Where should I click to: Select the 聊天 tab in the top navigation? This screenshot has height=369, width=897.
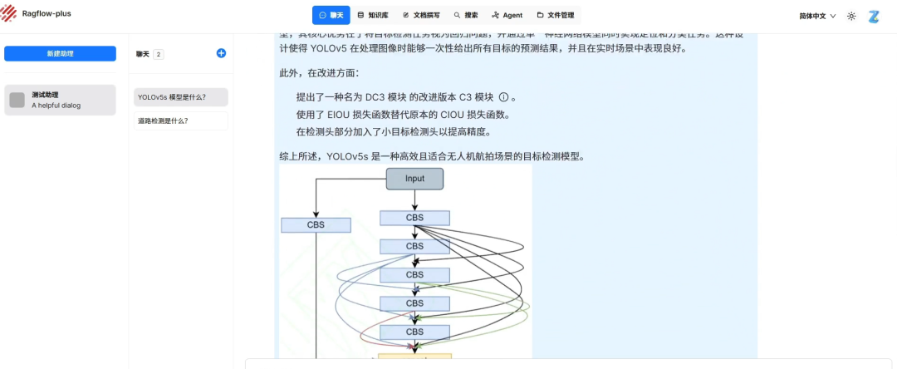pyautogui.click(x=331, y=15)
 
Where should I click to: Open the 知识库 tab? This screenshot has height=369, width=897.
pyautogui.click(x=373, y=15)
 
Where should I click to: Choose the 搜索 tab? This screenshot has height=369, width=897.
pyautogui.click(x=466, y=15)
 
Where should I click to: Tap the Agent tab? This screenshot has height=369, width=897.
pyautogui.click(x=507, y=15)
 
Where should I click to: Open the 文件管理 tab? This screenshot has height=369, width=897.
pyautogui.click(x=556, y=15)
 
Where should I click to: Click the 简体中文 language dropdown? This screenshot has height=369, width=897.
pyautogui.click(x=817, y=16)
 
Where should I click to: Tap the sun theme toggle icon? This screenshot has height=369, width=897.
pyautogui.click(x=851, y=16)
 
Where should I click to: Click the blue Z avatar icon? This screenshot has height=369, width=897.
pyautogui.click(x=874, y=16)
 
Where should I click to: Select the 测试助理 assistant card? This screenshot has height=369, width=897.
pyautogui.click(x=60, y=100)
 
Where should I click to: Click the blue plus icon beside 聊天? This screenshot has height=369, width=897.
pyautogui.click(x=221, y=53)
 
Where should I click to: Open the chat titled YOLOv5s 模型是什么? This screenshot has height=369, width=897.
pyautogui.click(x=179, y=97)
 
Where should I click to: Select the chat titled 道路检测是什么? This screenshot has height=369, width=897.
pyautogui.click(x=179, y=121)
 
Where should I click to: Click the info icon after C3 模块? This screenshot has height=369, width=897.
pyautogui.click(x=503, y=96)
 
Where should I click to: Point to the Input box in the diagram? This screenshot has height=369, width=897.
pyautogui.click(x=414, y=179)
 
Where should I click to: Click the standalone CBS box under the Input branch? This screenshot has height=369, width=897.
pyautogui.click(x=316, y=224)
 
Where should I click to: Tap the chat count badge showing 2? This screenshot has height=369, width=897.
pyautogui.click(x=159, y=54)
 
